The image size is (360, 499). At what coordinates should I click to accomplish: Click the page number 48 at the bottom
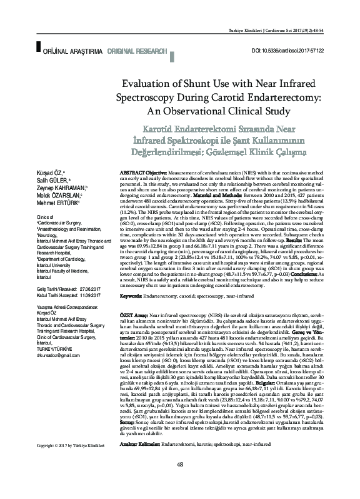180,481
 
